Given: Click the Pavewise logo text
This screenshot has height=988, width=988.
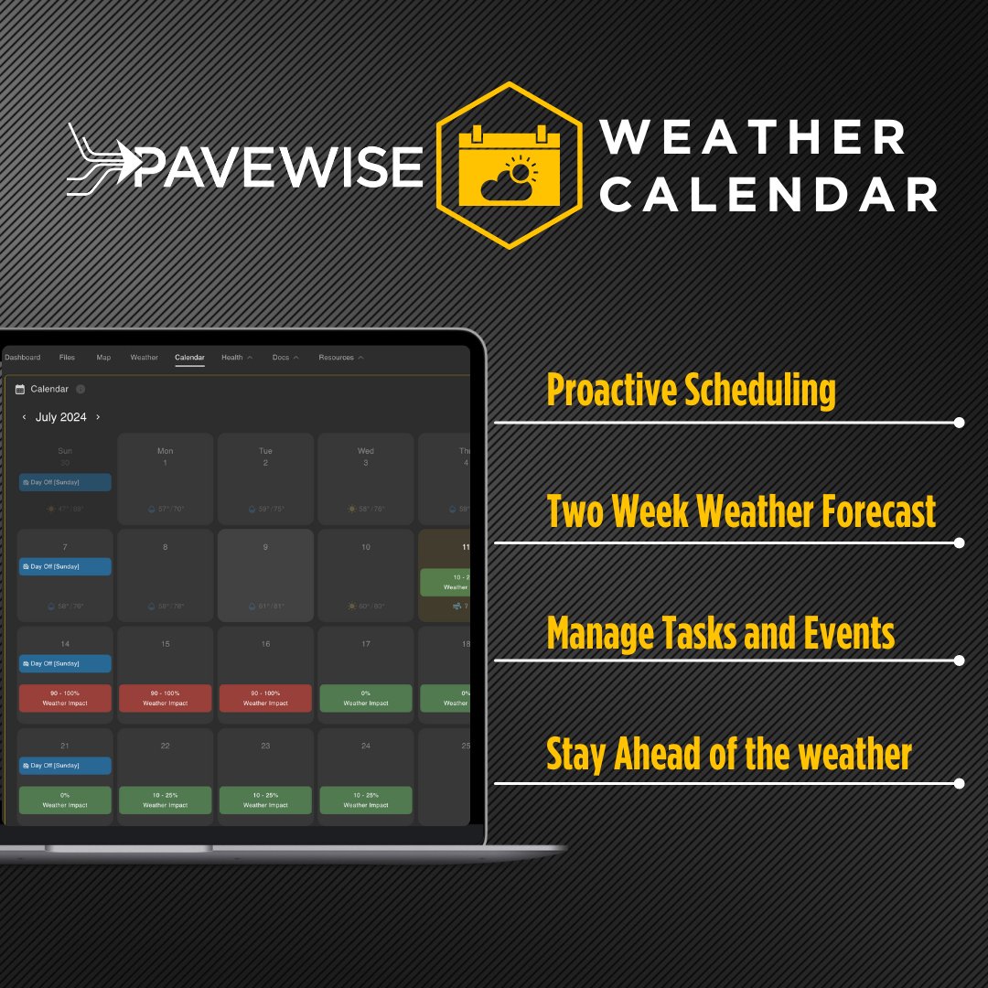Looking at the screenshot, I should tap(274, 165).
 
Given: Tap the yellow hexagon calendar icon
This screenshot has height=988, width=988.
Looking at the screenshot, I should tap(509, 165).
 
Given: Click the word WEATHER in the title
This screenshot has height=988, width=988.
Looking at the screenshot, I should tap(752, 137).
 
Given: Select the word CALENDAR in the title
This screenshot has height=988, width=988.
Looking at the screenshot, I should tap(768, 194).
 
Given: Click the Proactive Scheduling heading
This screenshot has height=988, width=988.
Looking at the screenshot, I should tap(691, 391).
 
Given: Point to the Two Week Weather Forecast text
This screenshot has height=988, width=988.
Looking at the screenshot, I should tap(741, 510).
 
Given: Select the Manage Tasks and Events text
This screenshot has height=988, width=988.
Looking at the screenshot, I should tap(720, 633).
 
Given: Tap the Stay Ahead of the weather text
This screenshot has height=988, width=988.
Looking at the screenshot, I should tap(728, 755).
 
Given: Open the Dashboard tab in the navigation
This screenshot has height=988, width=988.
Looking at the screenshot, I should tap(23, 358).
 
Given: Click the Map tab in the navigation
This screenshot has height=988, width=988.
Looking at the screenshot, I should tap(103, 358).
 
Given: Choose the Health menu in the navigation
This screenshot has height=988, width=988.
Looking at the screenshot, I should tap(232, 358).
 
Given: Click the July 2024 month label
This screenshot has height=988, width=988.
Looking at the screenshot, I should tap(61, 417).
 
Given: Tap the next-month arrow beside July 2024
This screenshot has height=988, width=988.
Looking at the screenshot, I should tap(98, 417).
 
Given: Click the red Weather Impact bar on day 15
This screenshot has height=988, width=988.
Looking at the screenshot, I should tap(166, 698).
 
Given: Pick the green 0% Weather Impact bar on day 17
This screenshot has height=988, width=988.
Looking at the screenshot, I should tap(366, 698).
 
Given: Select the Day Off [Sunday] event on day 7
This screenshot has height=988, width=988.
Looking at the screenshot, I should tap(65, 566).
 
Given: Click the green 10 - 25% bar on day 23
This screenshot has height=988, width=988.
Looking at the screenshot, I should tap(265, 800).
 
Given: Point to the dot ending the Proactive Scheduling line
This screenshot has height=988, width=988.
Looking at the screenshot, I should tap(959, 423).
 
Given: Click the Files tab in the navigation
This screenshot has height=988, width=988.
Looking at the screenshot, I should tap(67, 358).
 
